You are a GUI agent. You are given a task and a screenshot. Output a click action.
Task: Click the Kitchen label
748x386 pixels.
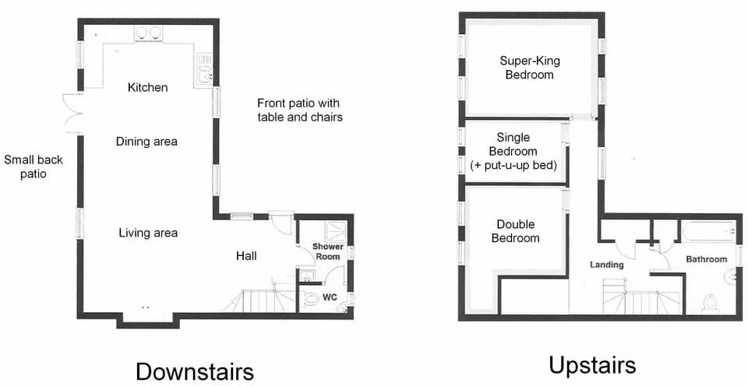(147, 87)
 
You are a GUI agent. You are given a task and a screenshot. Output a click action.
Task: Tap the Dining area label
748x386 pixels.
(146, 142)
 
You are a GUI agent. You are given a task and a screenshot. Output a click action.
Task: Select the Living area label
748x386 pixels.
(148, 233)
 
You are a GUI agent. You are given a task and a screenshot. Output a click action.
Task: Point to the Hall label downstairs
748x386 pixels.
(246, 255)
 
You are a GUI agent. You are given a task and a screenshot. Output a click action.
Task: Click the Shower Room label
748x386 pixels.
(327, 251)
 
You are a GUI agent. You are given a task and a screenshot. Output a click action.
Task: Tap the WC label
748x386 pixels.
(330, 297)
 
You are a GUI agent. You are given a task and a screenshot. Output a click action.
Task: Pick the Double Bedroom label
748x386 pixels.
(515, 231)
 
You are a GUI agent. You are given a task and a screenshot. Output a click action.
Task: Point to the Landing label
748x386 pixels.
(606, 265)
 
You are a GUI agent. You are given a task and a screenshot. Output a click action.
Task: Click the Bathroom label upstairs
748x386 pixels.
(706, 259)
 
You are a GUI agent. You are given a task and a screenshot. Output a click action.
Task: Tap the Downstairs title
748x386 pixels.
(194, 370)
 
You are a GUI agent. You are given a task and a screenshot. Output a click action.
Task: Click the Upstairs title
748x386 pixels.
(591, 364)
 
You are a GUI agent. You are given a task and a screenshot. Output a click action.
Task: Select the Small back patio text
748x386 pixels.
(34, 167)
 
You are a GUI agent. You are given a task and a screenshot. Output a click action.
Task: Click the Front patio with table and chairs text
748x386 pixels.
(299, 110)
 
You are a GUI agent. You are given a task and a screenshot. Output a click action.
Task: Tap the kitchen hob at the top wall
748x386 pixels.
(148, 33)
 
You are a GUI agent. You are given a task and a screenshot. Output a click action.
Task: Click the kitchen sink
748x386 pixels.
(204, 71)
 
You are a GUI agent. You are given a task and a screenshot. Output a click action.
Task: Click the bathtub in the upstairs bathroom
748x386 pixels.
(707, 231)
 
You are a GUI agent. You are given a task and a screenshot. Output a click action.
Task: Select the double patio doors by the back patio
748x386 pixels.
(71, 114)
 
